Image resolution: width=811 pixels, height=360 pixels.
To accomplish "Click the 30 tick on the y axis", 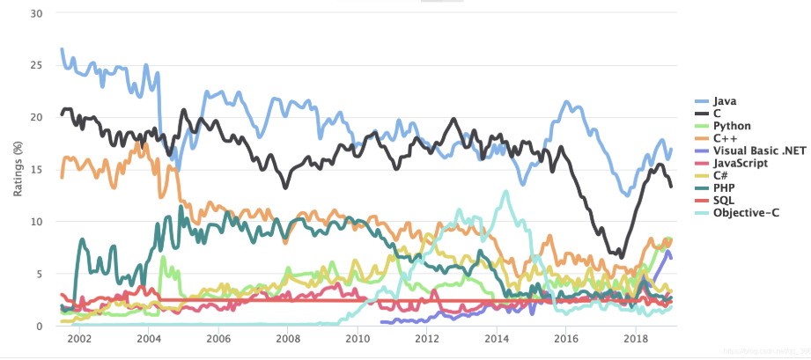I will (x=36, y=13).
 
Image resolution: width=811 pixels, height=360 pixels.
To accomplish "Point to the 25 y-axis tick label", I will (x=36, y=65).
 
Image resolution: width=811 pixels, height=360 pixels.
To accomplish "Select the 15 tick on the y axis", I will (x=36, y=169).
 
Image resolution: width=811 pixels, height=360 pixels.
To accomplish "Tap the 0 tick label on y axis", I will (x=40, y=326).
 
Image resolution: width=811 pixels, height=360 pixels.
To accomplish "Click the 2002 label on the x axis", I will (x=79, y=339).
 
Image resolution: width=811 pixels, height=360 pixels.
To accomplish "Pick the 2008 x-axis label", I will (x=288, y=339).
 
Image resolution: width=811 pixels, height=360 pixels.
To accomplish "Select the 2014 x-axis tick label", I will (x=497, y=339).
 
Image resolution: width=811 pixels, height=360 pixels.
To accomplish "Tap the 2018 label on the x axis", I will (x=636, y=339).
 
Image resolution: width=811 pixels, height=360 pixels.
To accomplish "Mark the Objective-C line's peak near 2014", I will (x=505, y=191).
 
